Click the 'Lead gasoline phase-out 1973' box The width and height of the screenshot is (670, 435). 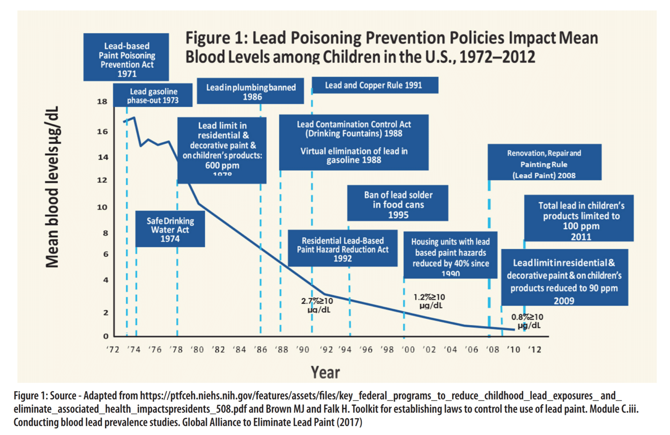tap(153, 95)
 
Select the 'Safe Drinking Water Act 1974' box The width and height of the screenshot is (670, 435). tap(170, 230)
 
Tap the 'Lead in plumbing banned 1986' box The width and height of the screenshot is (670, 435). tap(250, 91)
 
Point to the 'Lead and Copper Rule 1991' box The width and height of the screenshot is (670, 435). tap(374, 85)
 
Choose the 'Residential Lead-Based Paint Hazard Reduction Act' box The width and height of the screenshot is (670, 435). tap(342, 249)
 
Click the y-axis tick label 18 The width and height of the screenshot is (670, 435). tap(102, 102)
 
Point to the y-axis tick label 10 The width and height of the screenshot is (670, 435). tap(102, 207)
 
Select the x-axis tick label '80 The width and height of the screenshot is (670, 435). tap(197, 350)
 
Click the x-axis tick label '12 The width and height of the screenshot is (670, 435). tap(535, 350)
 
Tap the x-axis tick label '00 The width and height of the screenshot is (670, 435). tap(408, 350)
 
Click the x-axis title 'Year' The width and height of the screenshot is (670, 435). tap(325, 373)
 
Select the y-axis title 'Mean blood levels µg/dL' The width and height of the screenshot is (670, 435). tap(52, 187)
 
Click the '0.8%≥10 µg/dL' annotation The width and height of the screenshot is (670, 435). tap(527, 321)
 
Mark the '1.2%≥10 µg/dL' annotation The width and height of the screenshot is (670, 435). tap(430, 301)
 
